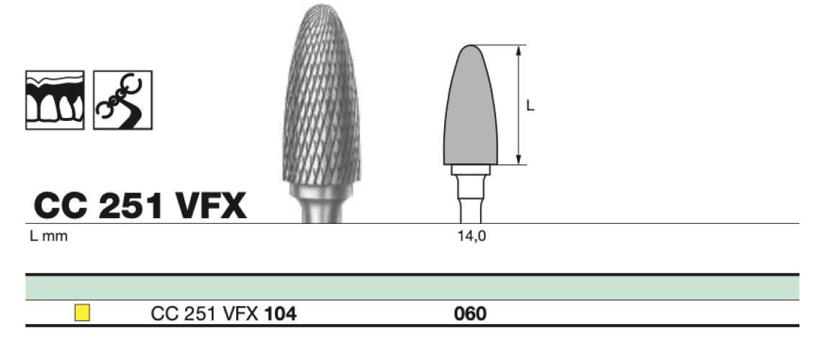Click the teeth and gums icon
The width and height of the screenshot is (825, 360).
[x=55, y=100]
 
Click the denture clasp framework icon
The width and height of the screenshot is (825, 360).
[x=123, y=100]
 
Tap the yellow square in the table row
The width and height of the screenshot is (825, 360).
[x=82, y=313]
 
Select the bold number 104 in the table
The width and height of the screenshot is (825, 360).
[x=281, y=314]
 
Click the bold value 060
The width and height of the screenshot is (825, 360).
[x=470, y=314]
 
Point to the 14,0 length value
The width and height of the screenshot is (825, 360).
[x=472, y=236]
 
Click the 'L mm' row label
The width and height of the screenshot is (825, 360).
[x=49, y=236]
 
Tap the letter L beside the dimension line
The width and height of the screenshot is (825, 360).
[x=531, y=106]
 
